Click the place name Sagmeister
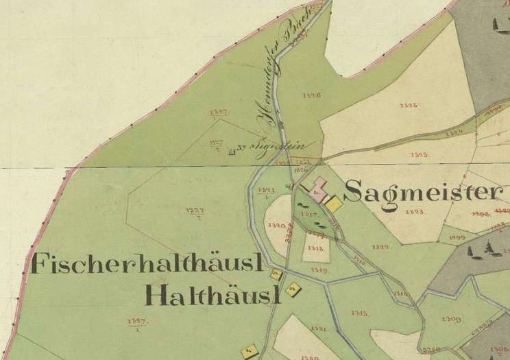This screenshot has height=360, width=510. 423,192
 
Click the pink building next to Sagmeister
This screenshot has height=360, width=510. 318,187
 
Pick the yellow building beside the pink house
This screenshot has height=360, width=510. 333,204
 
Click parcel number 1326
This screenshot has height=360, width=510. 311,95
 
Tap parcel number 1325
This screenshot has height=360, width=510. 409,106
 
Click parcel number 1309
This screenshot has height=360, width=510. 452,319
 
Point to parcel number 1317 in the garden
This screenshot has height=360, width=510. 309,215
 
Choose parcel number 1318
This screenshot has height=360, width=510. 316,248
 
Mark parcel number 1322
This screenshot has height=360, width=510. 380,247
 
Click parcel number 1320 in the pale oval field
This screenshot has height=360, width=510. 277,225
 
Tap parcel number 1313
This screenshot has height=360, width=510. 359,313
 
